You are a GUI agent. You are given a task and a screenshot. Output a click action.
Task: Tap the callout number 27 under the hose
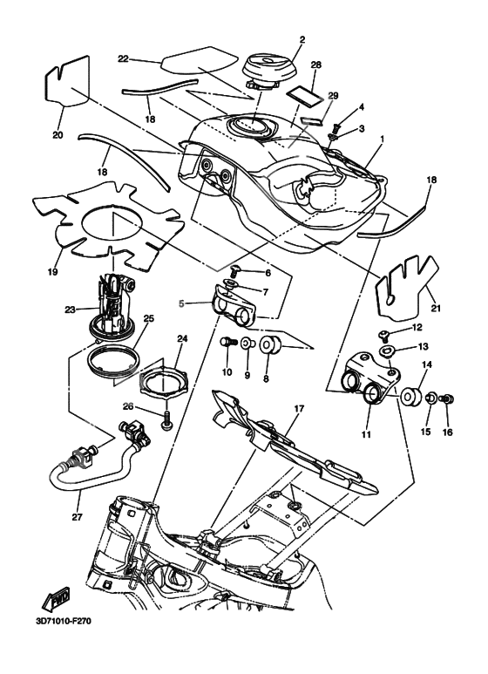(77, 517)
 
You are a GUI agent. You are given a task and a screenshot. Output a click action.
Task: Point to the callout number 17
(299, 408)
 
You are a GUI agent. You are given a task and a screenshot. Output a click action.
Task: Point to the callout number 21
(436, 308)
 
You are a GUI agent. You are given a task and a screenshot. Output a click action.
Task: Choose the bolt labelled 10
(227, 343)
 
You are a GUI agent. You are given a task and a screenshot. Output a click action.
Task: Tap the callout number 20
(58, 135)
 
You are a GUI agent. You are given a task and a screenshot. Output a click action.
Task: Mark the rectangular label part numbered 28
(305, 94)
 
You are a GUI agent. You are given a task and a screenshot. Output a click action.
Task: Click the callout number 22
(123, 59)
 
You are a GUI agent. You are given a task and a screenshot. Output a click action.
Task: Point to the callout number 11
(366, 434)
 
